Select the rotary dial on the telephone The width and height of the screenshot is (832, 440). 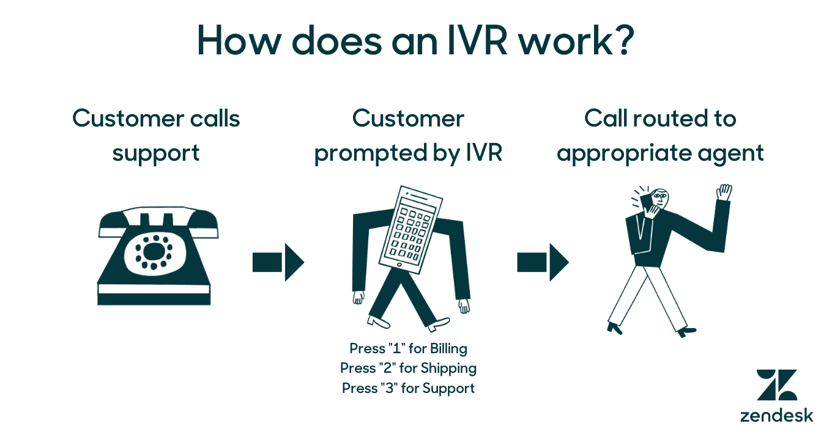click(x=154, y=251)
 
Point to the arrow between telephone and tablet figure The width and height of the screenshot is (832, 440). click(x=278, y=263)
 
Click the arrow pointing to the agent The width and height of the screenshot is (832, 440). click(x=543, y=263)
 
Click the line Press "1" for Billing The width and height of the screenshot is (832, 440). click(x=408, y=348)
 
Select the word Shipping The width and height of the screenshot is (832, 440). click(x=448, y=369)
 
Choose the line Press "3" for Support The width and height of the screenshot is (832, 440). click(x=408, y=388)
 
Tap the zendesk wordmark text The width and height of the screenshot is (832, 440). click(x=776, y=416)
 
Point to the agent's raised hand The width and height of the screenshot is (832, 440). click(x=724, y=192)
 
